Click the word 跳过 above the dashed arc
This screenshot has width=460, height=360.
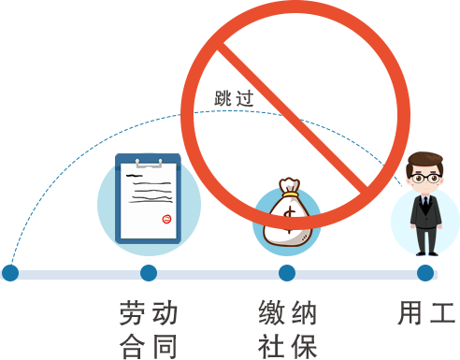[x=234, y=97]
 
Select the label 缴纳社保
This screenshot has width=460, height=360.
[x=288, y=329]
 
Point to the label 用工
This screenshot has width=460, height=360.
[x=426, y=312]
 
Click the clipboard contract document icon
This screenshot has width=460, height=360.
[x=148, y=199]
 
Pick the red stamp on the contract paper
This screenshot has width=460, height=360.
[x=166, y=220]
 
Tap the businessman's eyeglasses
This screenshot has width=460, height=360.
[x=426, y=177]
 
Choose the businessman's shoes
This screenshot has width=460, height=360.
[x=426, y=252]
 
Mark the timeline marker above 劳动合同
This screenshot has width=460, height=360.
[x=148, y=274]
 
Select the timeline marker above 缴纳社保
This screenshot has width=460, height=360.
[x=287, y=274]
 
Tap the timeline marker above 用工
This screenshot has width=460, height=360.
[x=426, y=274]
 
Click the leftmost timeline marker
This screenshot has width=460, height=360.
[x=9, y=274]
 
